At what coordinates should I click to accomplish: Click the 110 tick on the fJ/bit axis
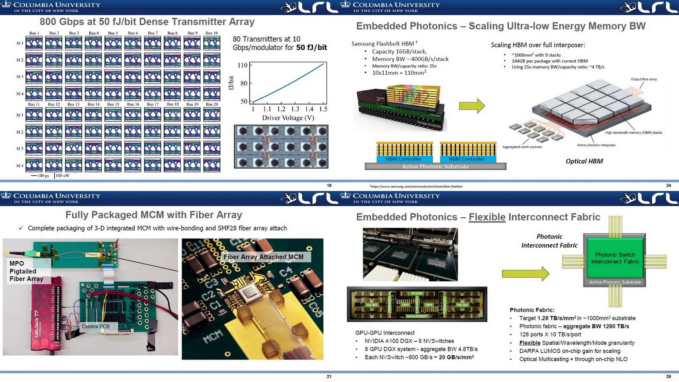[242, 65]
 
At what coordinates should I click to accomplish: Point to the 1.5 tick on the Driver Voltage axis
[323, 109]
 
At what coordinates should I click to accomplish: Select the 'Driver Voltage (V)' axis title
[288, 118]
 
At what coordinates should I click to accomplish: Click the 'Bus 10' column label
[211, 33]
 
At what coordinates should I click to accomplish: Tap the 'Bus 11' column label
[34, 104]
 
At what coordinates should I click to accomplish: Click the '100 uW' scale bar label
[62, 175]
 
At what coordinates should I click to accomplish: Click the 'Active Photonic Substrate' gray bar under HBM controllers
[435, 167]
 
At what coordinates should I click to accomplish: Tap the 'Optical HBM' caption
[584, 161]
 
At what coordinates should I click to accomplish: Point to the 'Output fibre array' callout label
[643, 79]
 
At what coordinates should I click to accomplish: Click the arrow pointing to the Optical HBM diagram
[471, 106]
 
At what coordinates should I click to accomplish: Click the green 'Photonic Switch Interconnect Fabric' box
[615, 258]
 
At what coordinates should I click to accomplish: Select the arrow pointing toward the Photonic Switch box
[525, 274]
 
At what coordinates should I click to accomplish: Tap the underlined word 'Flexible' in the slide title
[487, 217]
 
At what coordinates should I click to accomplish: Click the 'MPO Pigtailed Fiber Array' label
[26, 271]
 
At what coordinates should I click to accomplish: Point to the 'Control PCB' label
[95, 326]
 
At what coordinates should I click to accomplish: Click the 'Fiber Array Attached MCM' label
[264, 257]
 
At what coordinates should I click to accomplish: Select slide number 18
[329, 185]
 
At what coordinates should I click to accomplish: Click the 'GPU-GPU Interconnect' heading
[385, 333]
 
